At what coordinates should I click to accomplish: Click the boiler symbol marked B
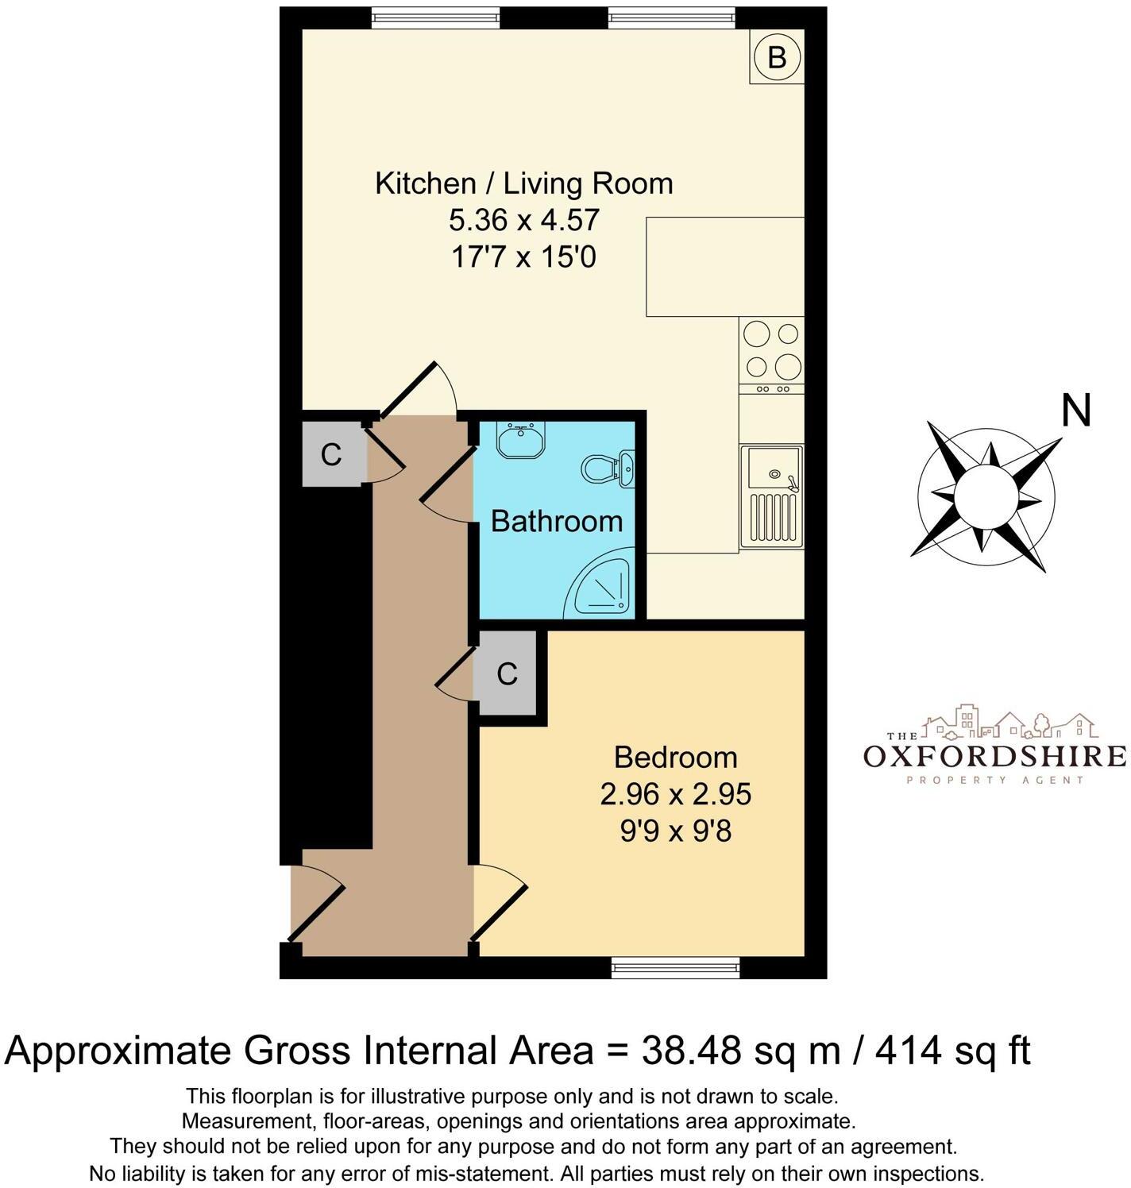point(777,56)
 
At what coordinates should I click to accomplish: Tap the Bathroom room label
point(557,522)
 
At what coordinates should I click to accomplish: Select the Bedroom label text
point(676,757)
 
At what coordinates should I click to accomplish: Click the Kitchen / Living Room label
point(524,183)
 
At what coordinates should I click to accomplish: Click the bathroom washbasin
point(520,439)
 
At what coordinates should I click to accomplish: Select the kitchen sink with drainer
point(771,496)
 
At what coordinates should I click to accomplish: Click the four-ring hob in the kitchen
point(771,349)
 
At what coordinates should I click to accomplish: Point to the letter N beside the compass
point(1076,411)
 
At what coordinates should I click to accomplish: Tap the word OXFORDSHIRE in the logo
point(994,755)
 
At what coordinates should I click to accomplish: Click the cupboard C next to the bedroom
point(508,674)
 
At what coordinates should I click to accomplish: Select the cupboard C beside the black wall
point(331,454)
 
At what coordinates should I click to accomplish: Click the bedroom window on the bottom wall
point(676,966)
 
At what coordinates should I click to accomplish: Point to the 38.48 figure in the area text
point(692,1051)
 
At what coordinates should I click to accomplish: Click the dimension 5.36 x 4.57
point(524,220)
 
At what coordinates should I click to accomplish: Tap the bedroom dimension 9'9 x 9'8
point(676,831)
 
